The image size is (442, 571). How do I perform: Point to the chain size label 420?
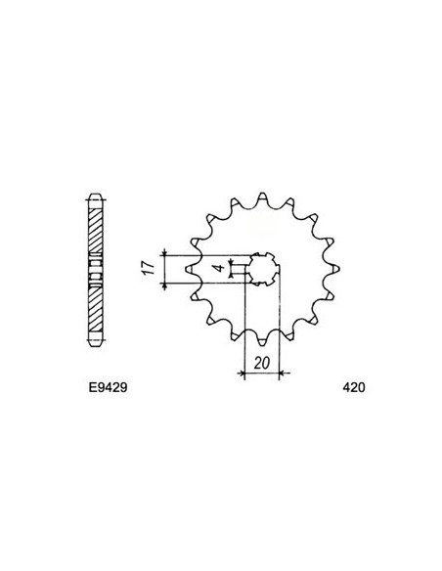point(355,388)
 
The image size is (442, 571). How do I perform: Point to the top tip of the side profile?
point(95,191)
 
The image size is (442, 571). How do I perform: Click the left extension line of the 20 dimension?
point(241,332)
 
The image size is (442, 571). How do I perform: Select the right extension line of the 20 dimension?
point(280,332)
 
